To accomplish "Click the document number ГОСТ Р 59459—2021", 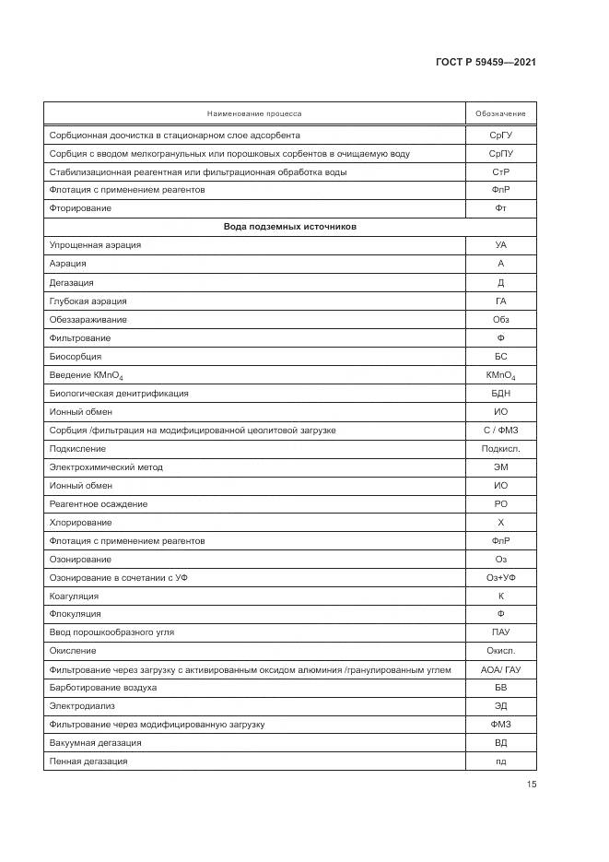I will point(486,62).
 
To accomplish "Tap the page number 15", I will point(532,785).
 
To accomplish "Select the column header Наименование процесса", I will point(254,113).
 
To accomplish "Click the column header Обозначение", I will point(500,113).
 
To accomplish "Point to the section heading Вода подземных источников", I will point(289,227).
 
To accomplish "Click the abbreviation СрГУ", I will point(500,135).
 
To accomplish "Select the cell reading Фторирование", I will point(80,208).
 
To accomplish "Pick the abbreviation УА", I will point(500,245).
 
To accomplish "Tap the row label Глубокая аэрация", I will point(88,301).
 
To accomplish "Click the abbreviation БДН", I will point(500,393).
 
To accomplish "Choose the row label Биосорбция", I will point(76,356).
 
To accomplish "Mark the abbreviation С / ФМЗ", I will point(500,430).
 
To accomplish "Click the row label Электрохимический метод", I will point(106,466).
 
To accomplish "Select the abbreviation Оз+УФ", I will point(500,577).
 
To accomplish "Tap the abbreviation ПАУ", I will point(500,632).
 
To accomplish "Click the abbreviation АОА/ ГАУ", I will point(500,669).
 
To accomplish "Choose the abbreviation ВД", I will point(500,743).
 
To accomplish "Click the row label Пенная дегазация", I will point(88,762).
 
